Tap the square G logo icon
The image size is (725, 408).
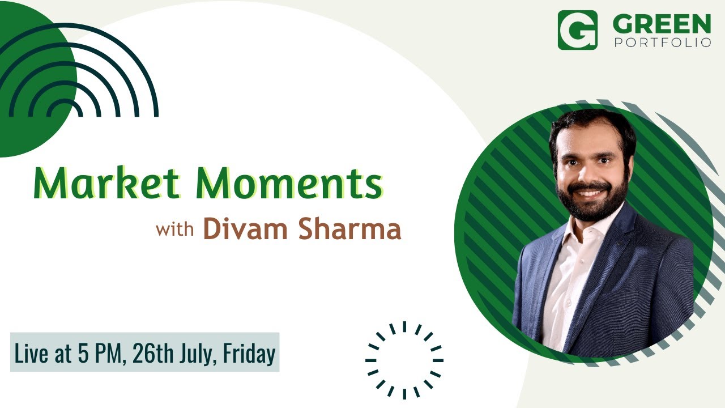[577, 30]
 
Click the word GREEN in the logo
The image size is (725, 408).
[662, 24]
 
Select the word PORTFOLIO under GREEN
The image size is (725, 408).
[662, 42]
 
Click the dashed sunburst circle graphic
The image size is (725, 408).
[404, 360]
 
